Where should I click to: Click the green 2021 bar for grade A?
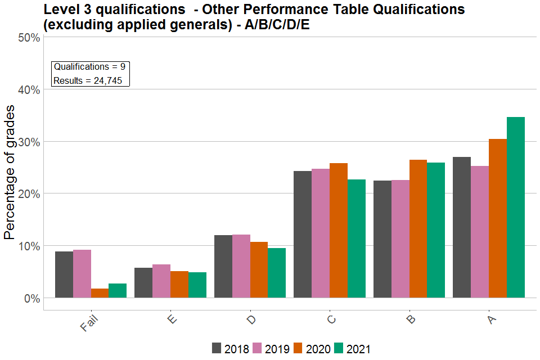coord(516,208)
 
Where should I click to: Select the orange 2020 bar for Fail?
coord(100,293)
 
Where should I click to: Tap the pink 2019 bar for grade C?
coord(321,233)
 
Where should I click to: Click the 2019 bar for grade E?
coord(161,281)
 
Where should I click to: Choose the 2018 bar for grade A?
coord(462,227)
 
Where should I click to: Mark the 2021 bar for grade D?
coord(277,273)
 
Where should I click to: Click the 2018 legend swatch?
coord(217,348)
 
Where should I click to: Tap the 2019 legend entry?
coord(271,349)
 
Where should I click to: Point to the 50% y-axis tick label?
coord(28,38)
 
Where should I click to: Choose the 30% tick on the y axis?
coord(28,142)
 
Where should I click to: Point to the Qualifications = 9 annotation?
coord(89,67)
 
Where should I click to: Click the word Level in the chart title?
coord(59,10)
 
